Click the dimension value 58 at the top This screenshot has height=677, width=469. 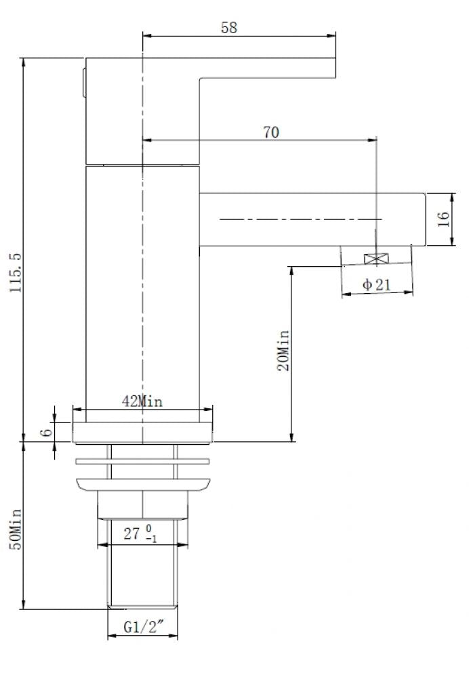pyautogui.click(x=229, y=28)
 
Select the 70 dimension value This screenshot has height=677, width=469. pyautogui.click(x=270, y=133)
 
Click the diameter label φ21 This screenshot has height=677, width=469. pyautogui.click(x=377, y=285)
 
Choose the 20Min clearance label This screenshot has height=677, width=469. pyautogui.click(x=284, y=351)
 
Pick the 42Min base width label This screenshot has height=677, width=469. pyautogui.click(x=142, y=401)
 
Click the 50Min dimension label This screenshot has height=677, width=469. pyautogui.click(x=17, y=529)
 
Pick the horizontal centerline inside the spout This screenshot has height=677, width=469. pyautogui.click(x=298, y=219)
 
